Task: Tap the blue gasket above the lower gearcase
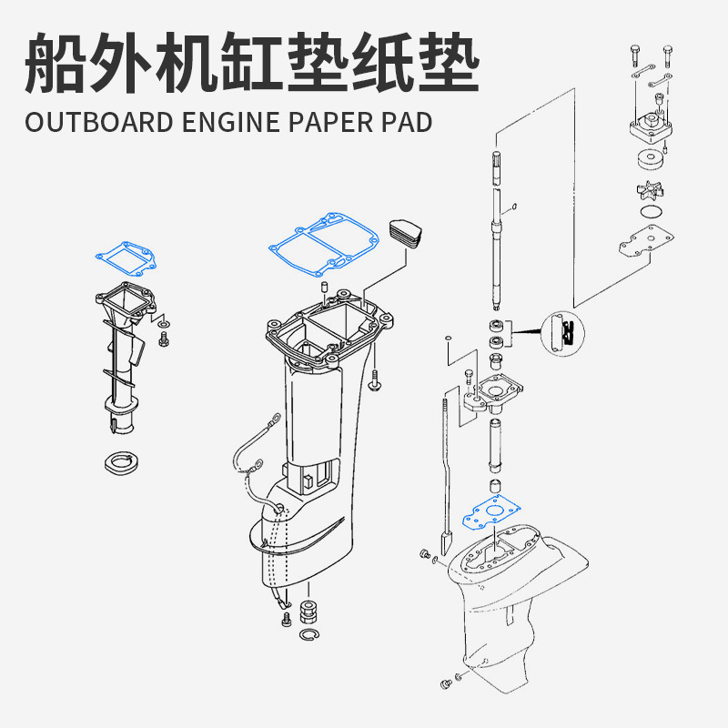click(490, 514)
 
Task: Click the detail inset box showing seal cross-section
click(561, 332)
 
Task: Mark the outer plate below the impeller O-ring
click(645, 243)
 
